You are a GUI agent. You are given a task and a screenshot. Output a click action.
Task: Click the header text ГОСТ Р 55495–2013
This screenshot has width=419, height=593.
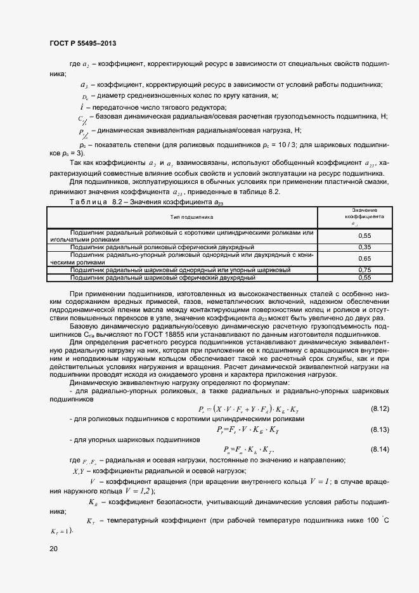pyautogui.click(x=83, y=43)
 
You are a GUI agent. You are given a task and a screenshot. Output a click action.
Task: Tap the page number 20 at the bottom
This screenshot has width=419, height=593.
pyautogui.click(x=53, y=549)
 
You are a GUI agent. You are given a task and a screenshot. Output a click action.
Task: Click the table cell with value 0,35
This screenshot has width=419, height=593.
pyautogui.click(x=364, y=247)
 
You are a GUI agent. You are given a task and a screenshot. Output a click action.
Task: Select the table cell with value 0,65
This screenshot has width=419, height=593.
pyautogui.click(x=364, y=258)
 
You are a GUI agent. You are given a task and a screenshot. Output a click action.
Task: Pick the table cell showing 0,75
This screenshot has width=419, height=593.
pyautogui.click(x=364, y=270)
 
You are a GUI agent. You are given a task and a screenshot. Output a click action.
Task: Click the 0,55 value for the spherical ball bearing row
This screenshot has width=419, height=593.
pyautogui.click(x=364, y=278)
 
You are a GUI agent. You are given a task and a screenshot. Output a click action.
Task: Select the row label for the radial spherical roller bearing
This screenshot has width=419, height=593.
pyautogui.click(x=162, y=247)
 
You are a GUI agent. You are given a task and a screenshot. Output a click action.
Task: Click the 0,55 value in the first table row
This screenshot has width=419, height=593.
pyautogui.click(x=364, y=235)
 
